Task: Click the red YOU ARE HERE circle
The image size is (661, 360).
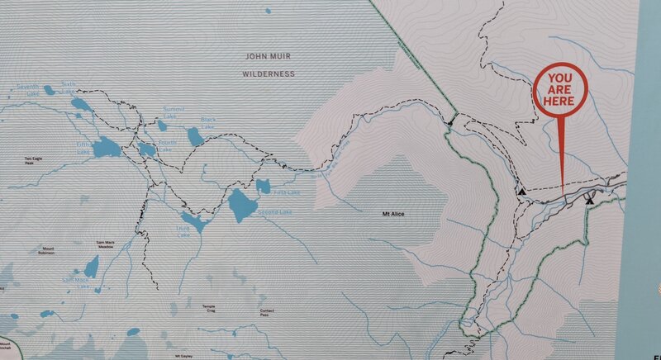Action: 560,89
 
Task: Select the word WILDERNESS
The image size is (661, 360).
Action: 269,73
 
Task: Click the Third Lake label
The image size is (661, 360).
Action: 183,232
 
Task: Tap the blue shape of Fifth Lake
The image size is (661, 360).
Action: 105,147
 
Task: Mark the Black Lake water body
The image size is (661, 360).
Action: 196,135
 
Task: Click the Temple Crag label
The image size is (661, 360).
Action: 209,309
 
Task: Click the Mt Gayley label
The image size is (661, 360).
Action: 185,356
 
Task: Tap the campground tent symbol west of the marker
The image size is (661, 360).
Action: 522,191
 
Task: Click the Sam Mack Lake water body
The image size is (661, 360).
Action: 90,265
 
